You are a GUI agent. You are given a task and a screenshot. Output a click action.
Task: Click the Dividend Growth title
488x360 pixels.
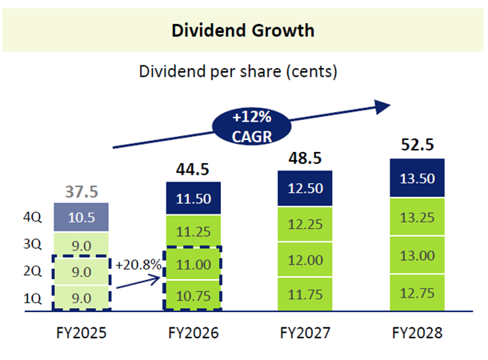click(x=242, y=30)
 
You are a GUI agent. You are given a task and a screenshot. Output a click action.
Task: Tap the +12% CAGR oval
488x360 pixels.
click(x=249, y=124)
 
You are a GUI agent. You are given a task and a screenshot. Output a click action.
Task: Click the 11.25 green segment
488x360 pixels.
click(x=193, y=231)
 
